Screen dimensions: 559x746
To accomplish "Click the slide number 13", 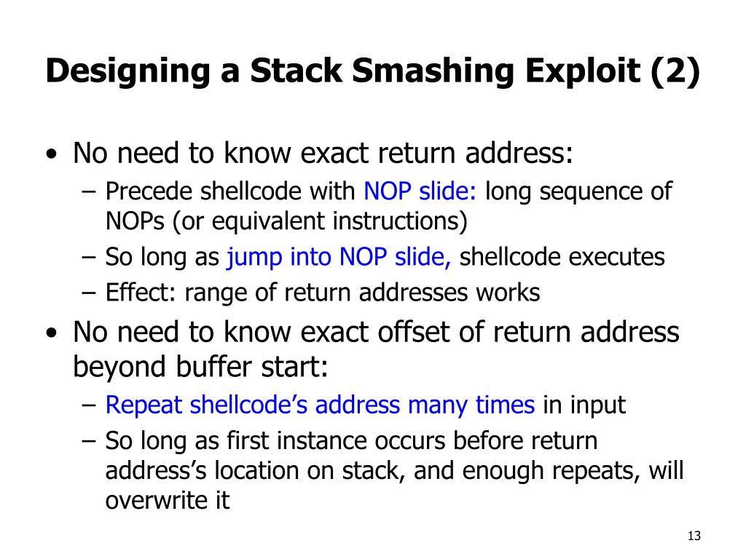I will pyautogui.click(x=693, y=536).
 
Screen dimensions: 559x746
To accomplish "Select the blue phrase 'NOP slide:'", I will pyautogui.click(x=420, y=191).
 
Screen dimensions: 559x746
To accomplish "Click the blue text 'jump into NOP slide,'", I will pyautogui.click(x=340, y=257).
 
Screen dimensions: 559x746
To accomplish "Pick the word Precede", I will pyautogui.click(x=149, y=191).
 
